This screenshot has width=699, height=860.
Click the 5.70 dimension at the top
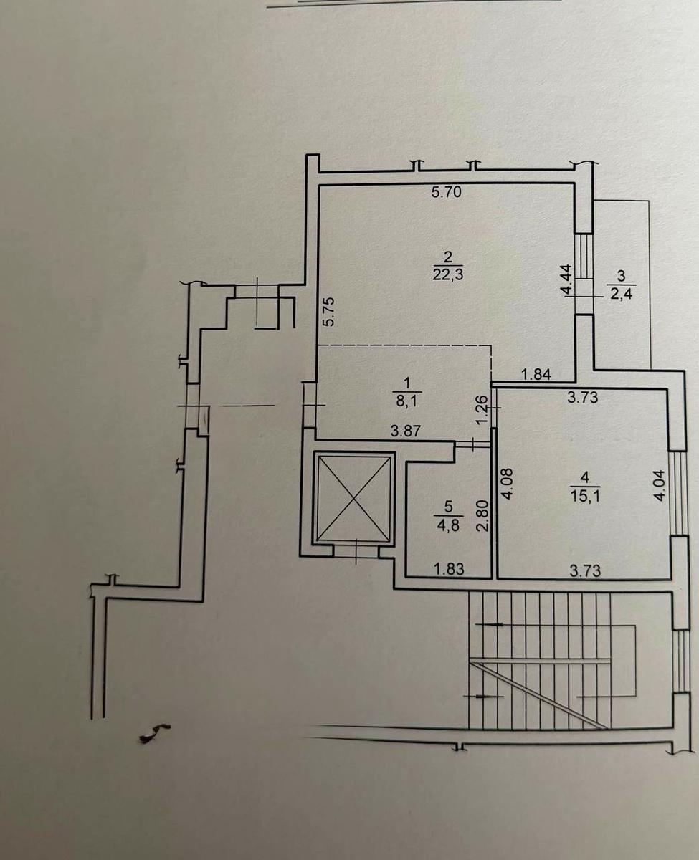pos(446,192)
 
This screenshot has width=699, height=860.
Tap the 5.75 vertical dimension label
pos(330,312)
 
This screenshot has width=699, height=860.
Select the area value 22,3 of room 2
pos(448,275)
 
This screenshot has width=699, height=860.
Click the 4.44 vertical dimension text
pos(567,279)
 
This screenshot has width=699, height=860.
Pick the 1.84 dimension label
pos(536,375)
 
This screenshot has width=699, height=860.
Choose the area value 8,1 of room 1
pos(406,402)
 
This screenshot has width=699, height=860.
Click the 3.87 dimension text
pos(406,431)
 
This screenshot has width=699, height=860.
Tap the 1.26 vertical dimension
pos(481,410)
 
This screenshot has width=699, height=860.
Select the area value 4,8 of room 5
pos(449,527)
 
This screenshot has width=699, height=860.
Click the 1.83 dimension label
pos(449,569)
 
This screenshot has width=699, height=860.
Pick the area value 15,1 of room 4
pos(585,496)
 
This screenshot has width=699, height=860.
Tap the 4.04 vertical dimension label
pos(659,485)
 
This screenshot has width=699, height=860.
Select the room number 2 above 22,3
pos(448,257)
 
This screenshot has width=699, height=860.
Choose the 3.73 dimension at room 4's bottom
pos(585,571)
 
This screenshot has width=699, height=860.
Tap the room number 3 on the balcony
pos(622,276)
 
